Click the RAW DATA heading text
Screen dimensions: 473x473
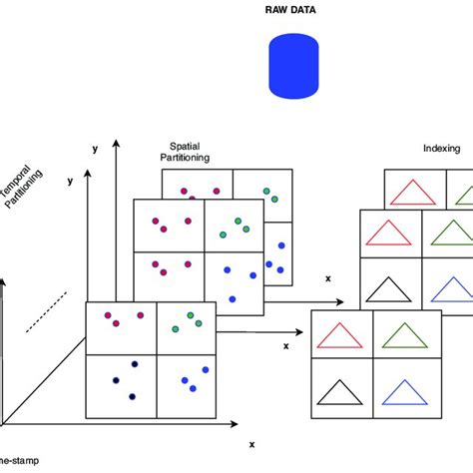coord(295,13)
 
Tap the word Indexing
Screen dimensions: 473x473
coord(440,150)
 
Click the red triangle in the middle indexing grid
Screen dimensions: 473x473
coord(389,233)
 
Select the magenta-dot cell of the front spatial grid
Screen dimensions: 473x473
coord(120,327)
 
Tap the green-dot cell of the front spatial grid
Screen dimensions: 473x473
coord(186,327)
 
